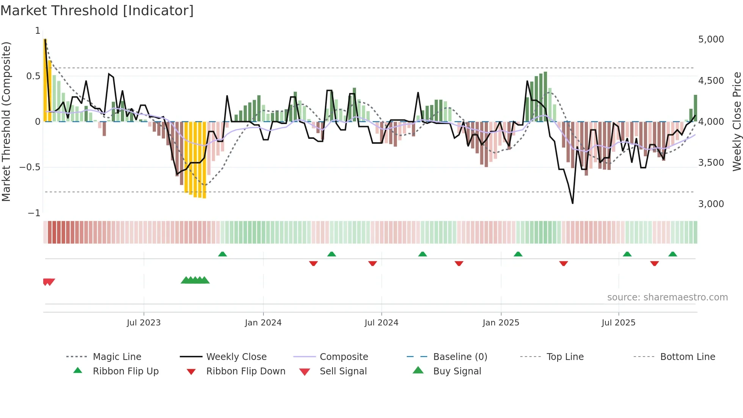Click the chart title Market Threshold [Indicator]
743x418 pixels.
pyautogui.click(x=97, y=11)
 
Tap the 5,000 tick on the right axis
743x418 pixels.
pyautogui.click(x=711, y=39)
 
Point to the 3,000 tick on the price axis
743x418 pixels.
pyautogui.click(x=711, y=204)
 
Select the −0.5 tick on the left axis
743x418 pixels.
pyautogui.click(x=30, y=167)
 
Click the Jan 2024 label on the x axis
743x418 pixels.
pyautogui.click(x=263, y=323)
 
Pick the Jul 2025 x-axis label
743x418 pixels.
pyautogui.click(x=618, y=323)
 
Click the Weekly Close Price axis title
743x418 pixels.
pyautogui.click(x=737, y=121)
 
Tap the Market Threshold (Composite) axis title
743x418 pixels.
pyautogui.click(x=6, y=121)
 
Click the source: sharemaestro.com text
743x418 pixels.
pyautogui.click(x=667, y=297)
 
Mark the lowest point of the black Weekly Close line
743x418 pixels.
pyautogui.click(x=572, y=203)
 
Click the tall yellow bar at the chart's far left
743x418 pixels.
pyautogui.click(x=45, y=80)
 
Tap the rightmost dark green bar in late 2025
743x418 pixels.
pyautogui.click(x=695, y=108)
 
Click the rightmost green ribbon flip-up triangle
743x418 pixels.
pyautogui.click(x=672, y=254)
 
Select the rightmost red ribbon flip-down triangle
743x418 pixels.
pyautogui.click(x=654, y=263)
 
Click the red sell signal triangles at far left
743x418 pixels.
pyautogui.click(x=49, y=282)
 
